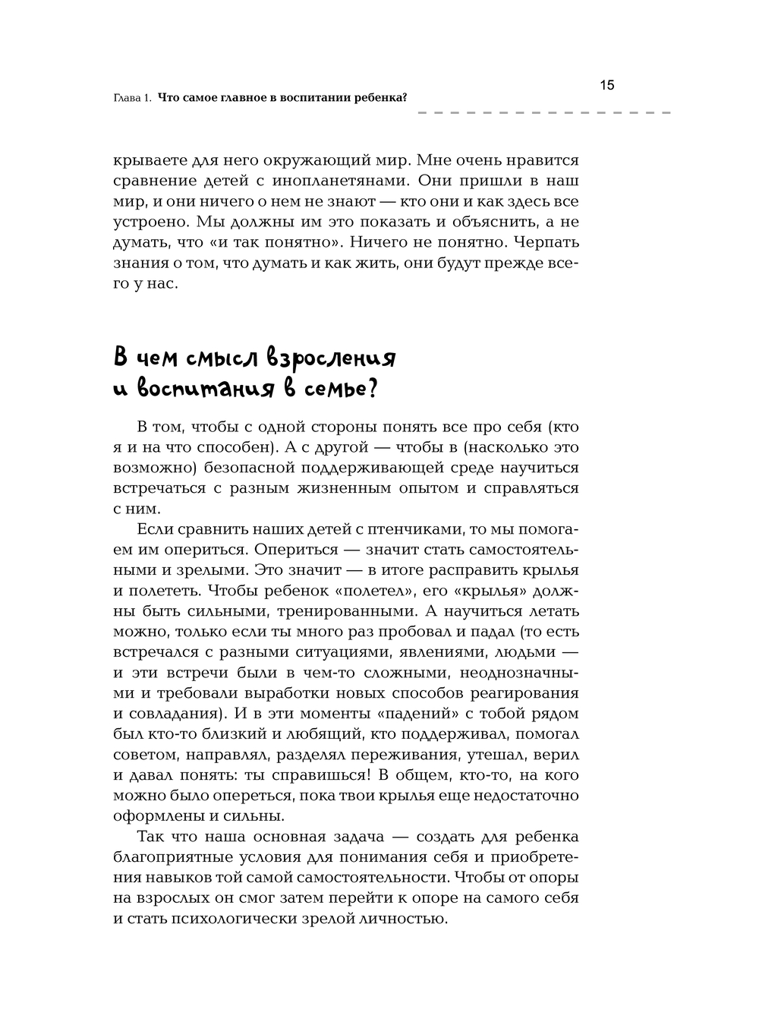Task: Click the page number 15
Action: (607, 85)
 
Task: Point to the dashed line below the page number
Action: (543, 113)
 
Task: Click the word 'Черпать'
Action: (546, 243)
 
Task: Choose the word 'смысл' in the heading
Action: (209, 358)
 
